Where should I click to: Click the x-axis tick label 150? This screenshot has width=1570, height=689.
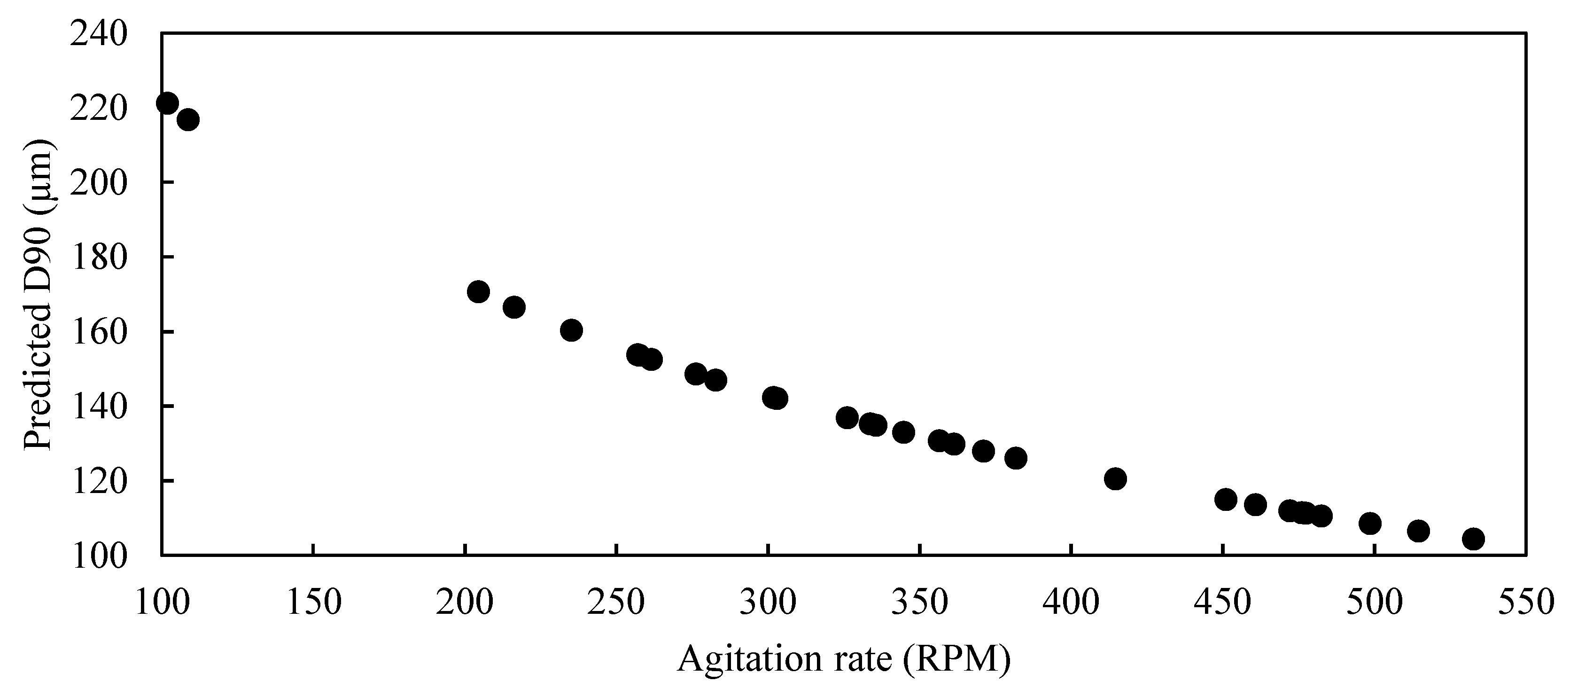click(313, 602)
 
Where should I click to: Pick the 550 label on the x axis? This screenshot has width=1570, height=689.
click(1525, 602)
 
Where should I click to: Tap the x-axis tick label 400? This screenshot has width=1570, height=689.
click(1071, 602)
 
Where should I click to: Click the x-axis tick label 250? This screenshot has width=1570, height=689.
click(616, 602)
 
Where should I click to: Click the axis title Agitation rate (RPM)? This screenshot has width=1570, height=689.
click(844, 659)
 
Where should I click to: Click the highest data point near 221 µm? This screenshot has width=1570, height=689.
click(167, 103)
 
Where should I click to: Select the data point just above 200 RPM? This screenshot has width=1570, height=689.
click(478, 292)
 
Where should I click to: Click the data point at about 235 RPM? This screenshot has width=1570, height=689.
click(571, 330)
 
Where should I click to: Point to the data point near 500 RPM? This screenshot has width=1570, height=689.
click(1370, 523)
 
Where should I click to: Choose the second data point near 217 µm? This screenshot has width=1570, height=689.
click(188, 119)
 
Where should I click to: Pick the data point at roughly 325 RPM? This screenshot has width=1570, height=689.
click(847, 418)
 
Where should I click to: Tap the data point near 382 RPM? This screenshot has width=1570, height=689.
click(1015, 458)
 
